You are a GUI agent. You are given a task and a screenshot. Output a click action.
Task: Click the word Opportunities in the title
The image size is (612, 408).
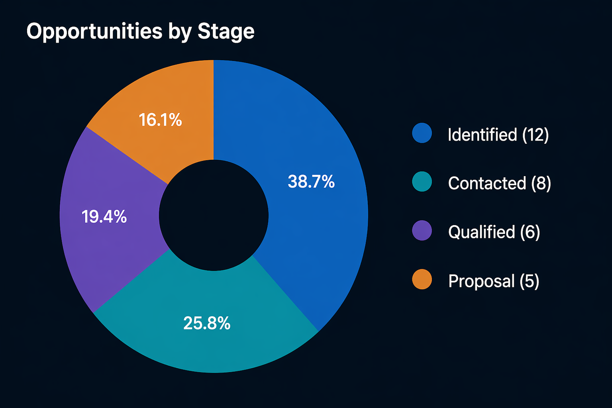pos(94,31)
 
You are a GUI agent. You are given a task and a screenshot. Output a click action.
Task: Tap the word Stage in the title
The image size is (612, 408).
pos(226,31)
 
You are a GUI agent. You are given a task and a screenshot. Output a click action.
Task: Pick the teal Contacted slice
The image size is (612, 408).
pos(207,343)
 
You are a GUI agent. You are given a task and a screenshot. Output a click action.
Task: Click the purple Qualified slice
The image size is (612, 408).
pos(104,247)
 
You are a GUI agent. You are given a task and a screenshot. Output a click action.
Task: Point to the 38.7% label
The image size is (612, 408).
pos(311,182)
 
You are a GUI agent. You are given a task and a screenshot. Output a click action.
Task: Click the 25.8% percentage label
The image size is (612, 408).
pos(207,323)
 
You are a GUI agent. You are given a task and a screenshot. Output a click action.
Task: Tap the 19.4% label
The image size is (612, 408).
pos(104,217)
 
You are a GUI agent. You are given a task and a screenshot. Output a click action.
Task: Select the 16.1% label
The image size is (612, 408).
pos(160,120)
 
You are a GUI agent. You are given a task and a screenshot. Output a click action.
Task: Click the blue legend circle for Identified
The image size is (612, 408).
pos(422,133)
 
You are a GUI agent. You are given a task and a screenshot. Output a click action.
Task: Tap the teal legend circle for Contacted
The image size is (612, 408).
pos(422,182)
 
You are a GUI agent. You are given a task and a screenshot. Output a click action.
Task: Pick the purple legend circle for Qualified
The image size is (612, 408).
pos(422,231)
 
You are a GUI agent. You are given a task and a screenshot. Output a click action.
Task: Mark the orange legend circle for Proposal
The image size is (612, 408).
pos(422,279)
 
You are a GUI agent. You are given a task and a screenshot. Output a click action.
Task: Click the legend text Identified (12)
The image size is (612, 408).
pos(498,135)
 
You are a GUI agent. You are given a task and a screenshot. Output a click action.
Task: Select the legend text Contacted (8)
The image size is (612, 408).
pos(499,183)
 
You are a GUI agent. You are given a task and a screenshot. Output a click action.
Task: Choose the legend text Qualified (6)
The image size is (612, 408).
pos(494,232)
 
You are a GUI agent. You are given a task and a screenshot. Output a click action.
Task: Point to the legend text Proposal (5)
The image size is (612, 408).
pos(494,281)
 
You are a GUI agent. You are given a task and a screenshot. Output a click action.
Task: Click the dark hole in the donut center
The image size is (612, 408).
pos(214,216)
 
